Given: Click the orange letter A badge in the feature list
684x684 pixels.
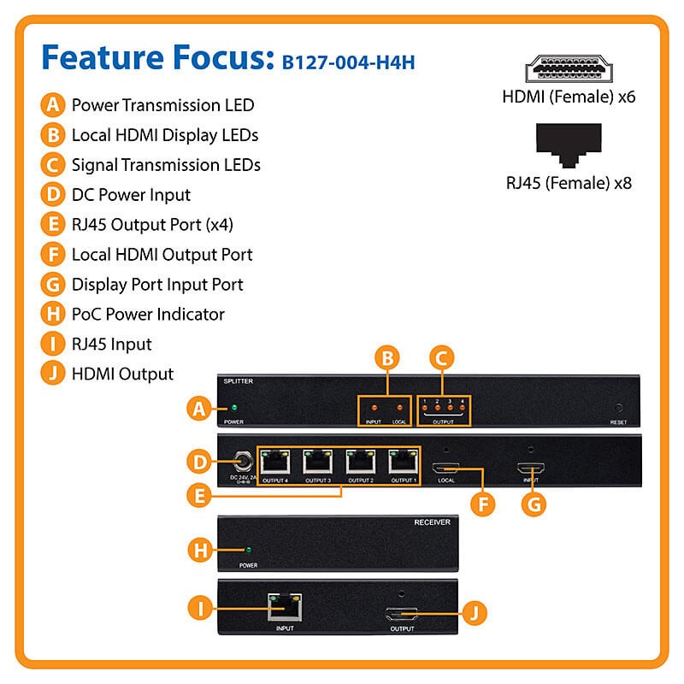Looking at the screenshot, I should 53,105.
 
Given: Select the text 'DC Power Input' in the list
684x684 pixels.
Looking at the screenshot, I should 131,194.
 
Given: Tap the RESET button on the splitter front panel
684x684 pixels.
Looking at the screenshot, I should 617,409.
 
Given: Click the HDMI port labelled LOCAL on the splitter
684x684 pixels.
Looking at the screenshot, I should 446,469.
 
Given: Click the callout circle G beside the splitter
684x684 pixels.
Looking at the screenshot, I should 533,504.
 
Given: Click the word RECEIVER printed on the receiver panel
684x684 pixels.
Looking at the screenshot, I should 433,522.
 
